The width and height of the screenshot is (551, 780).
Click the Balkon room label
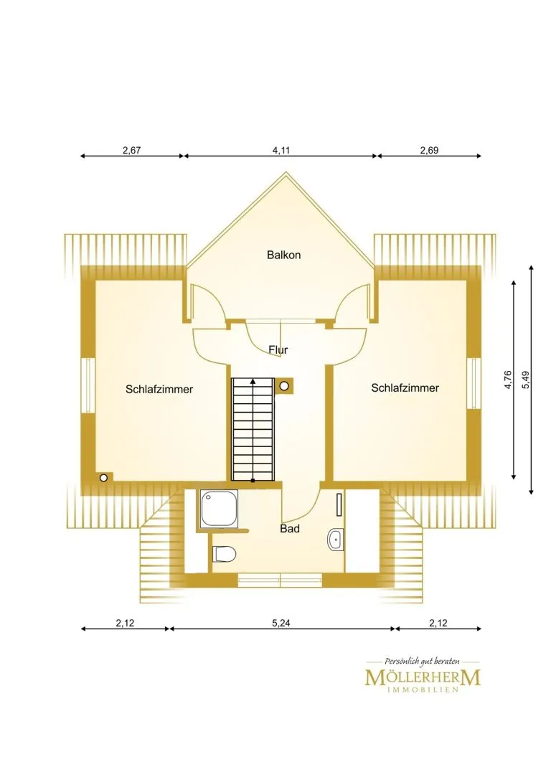point(283,255)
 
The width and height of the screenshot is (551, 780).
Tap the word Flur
point(278,349)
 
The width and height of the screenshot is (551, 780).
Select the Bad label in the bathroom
point(290,528)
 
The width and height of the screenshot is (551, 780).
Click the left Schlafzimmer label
point(159,389)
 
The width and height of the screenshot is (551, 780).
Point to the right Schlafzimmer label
point(405,387)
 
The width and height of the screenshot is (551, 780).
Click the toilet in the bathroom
point(225,554)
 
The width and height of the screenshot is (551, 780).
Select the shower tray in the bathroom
point(219,508)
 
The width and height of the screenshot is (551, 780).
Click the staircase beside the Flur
point(253,429)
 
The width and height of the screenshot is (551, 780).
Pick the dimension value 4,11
point(281,150)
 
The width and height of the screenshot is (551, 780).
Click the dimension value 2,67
point(132,150)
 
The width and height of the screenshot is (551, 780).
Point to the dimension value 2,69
point(429,150)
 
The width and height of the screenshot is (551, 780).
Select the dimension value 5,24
point(281,622)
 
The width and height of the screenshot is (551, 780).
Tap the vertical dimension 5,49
point(526,380)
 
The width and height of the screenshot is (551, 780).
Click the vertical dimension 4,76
point(508,380)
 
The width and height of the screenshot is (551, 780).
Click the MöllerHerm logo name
point(423,677)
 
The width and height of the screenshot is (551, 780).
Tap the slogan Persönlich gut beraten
point(423,661)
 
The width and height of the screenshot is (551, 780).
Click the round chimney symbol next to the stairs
point(284,385)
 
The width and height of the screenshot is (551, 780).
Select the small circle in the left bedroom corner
point(103,478)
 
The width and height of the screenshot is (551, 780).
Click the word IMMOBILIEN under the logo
point(423,690)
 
